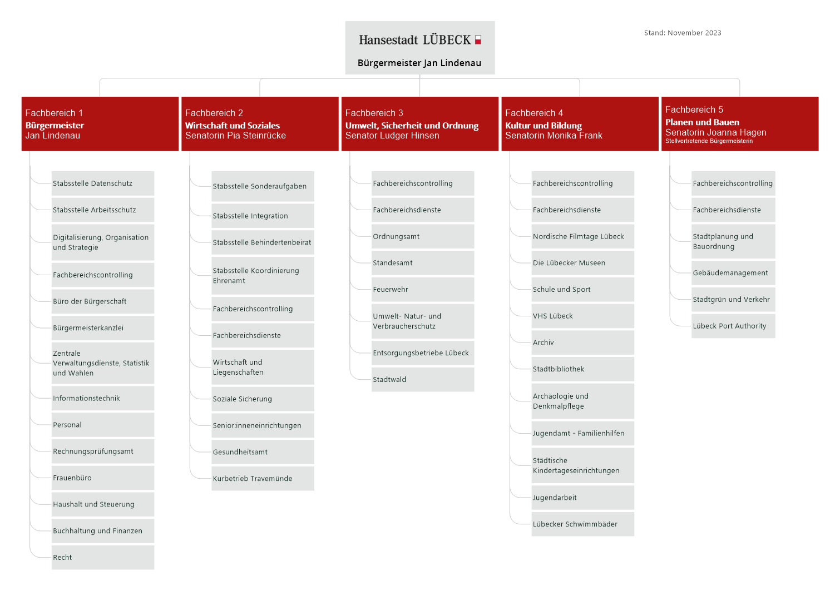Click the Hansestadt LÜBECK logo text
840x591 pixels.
414,40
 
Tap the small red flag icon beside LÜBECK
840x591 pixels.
478,40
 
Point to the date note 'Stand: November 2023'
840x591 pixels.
683,33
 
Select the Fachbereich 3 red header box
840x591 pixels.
420,123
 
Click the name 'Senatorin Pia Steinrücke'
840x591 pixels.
235,136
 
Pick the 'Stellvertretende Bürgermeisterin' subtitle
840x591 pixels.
709,141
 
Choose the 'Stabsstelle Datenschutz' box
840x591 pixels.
103,183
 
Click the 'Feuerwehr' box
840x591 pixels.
423,290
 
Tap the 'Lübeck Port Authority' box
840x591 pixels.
733,326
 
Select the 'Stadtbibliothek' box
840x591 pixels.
582,369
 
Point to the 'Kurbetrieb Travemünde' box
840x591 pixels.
263,479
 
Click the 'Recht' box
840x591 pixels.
103,558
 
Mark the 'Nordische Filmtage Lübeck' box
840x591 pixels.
582,237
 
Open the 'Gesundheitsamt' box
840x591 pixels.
263,453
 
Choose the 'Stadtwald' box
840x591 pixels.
423,380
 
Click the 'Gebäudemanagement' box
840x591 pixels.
733,273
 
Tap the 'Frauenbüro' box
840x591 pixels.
103,478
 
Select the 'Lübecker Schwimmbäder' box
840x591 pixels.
582,524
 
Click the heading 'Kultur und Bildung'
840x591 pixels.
543,126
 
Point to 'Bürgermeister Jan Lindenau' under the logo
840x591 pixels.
419,63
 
